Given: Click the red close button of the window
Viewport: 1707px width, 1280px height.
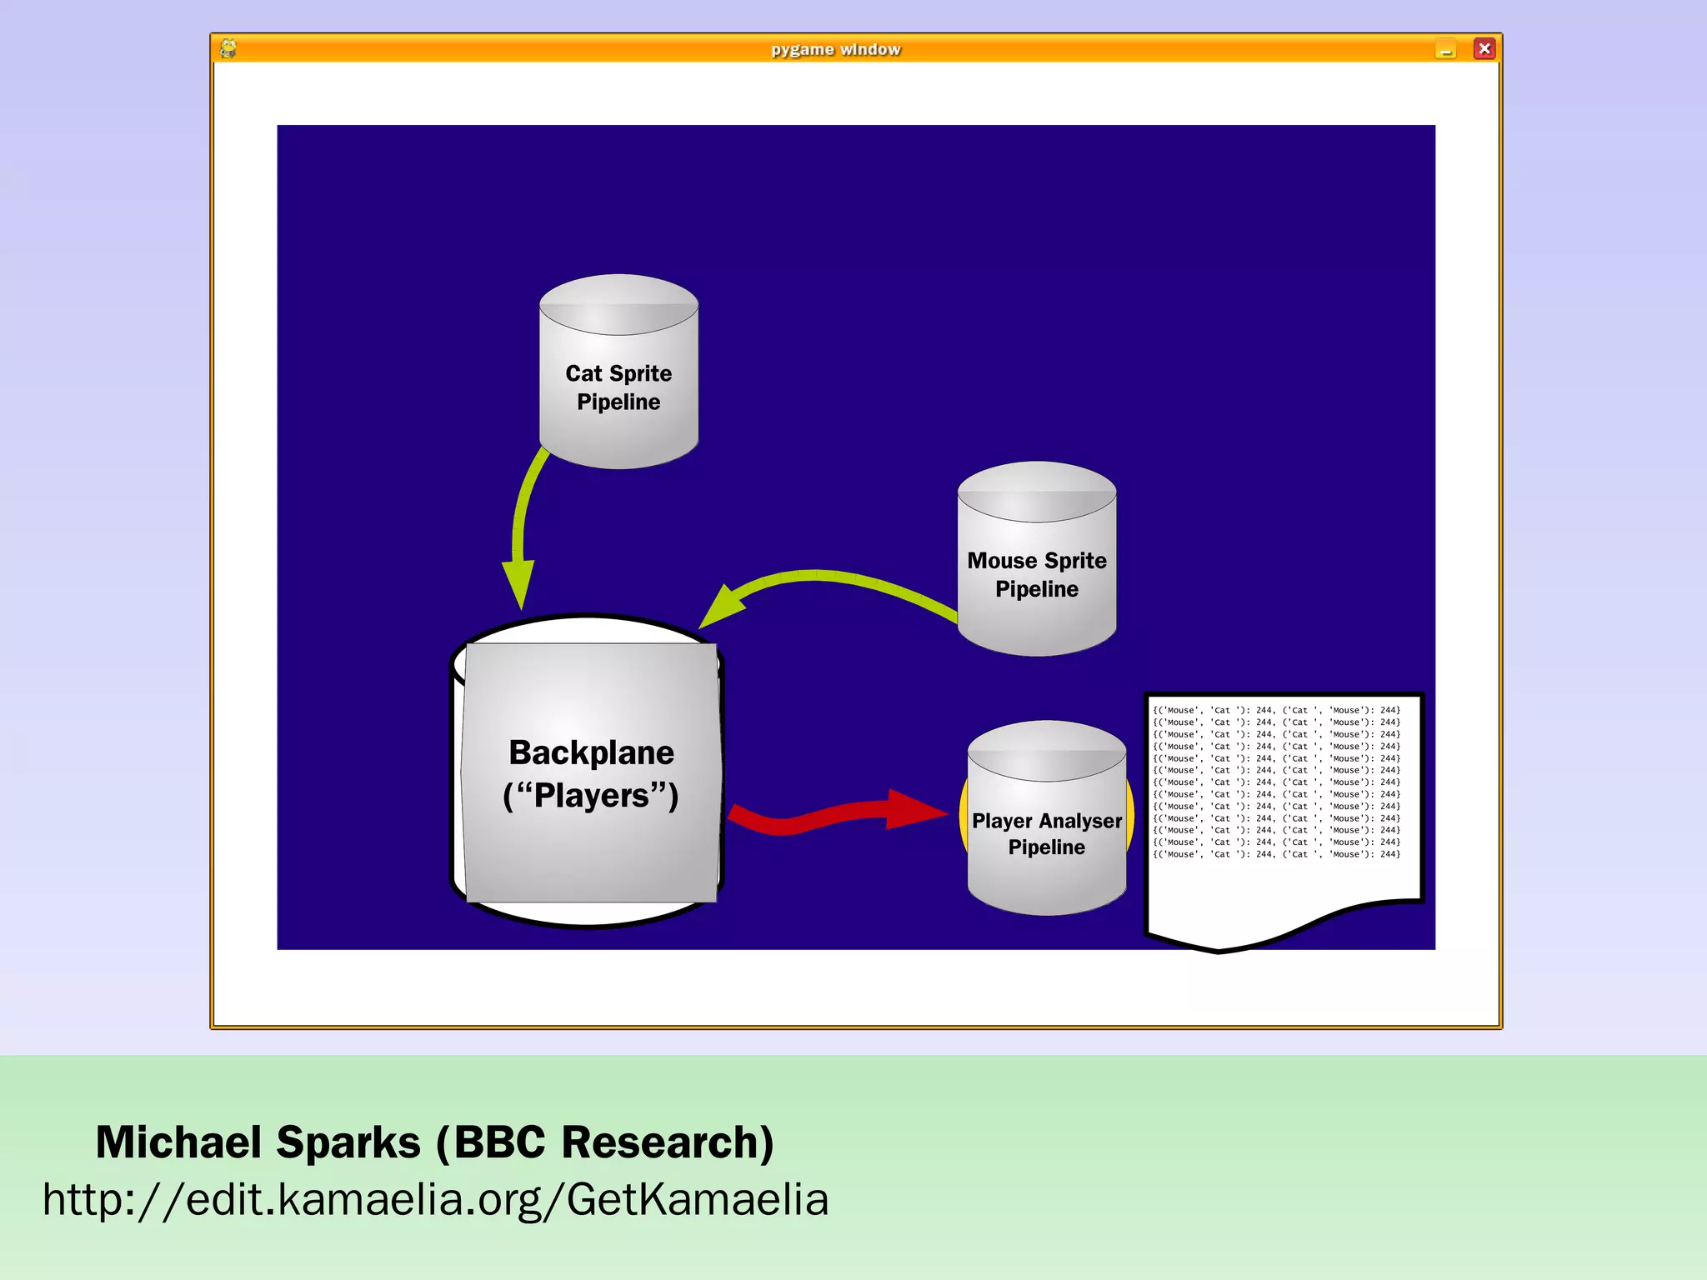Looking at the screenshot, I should coord(1484,48).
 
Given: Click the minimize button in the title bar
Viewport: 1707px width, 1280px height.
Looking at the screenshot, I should coord(1445,50).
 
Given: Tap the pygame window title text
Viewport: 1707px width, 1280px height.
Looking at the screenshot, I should coord(835,49).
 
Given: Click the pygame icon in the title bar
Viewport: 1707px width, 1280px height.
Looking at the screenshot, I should coord(228,48).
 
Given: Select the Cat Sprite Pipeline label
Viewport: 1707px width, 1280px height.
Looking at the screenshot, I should coord(618,387).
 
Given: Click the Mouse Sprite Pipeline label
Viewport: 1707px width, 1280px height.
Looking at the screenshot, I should coord(1037,575).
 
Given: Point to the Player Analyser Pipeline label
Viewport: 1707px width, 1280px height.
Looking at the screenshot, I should coord(1047,833).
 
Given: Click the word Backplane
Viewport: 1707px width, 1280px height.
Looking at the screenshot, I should coord(592,752).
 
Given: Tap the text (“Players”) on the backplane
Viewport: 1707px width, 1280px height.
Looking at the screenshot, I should coord(591,796).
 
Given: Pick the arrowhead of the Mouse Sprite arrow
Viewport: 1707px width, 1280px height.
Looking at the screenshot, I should coord(720,607).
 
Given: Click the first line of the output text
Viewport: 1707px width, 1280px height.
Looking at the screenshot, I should coord(1276,711).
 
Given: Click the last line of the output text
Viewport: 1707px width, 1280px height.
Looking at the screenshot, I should coord(1276,854).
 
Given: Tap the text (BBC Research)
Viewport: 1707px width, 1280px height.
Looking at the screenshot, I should coord(605,1142).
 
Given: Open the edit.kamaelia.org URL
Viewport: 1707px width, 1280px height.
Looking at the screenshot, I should coord(435,1200).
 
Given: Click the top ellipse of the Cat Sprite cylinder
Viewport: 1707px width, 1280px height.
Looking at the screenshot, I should coord(618,304).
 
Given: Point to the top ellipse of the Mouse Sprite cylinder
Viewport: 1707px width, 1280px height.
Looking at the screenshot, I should coord(1037,492).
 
